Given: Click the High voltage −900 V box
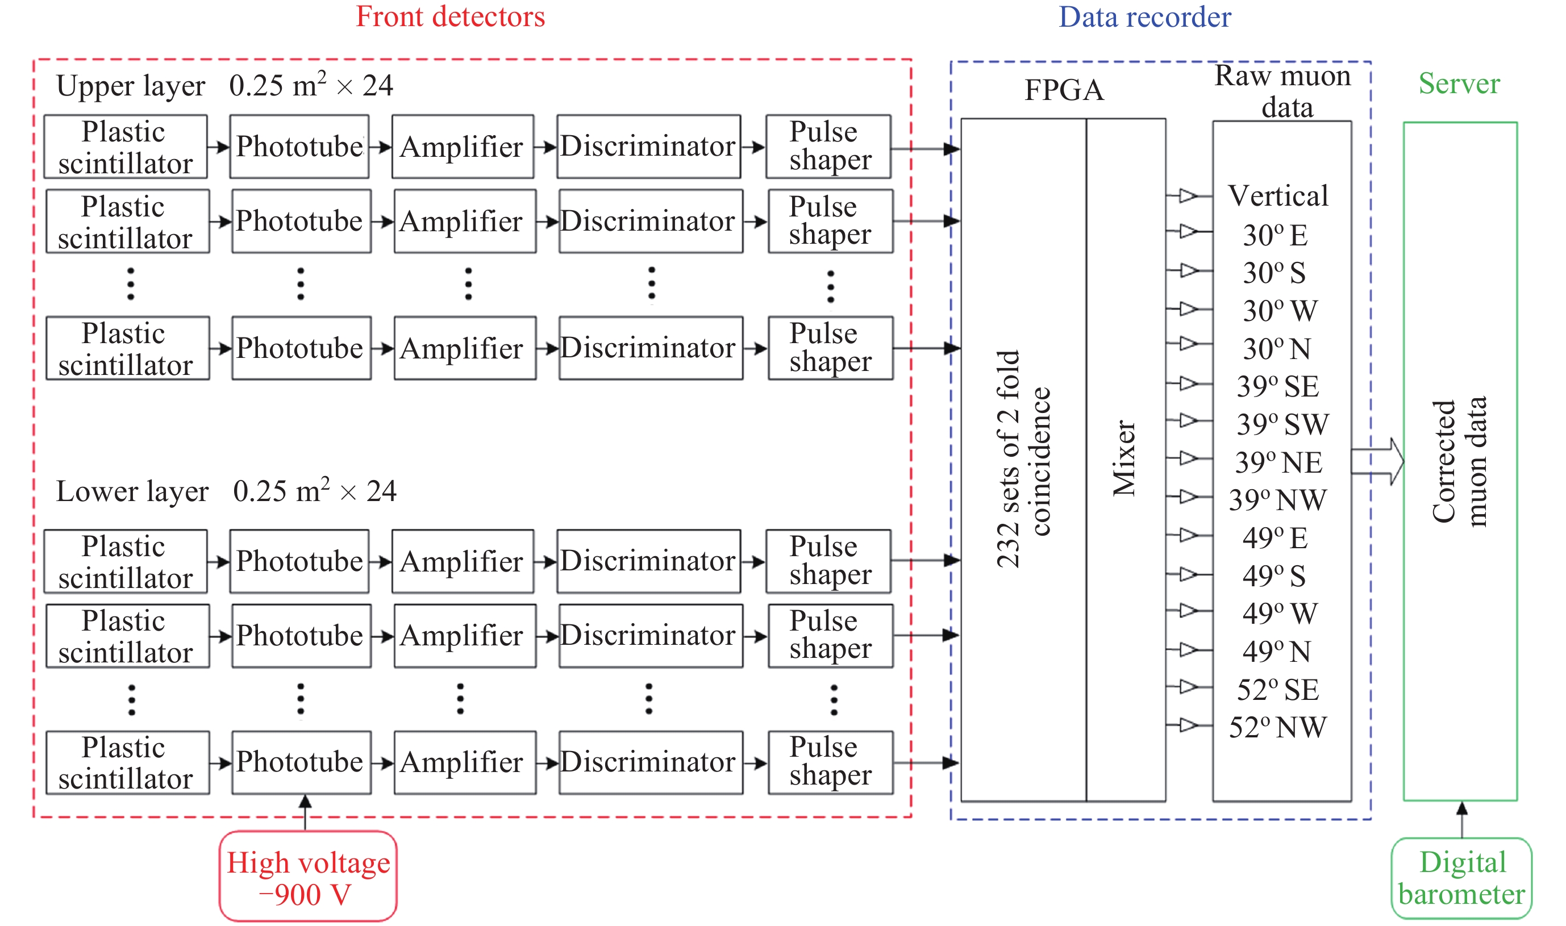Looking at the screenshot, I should [x=309, y=876].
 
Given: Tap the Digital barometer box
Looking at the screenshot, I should [x=1461, y=878].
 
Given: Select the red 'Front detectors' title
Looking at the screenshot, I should [x=450, y=17].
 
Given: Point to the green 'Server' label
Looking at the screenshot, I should [x=1459, y=84].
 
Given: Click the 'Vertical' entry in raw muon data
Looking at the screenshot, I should [x=1278, y=196].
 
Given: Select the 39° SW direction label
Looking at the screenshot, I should [x=1282, y=424].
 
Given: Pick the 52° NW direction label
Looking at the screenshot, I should [x=1278, y=728].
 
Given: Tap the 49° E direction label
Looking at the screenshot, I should [x=1275, y=538].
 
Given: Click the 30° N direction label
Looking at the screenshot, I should [x=1276, y=349].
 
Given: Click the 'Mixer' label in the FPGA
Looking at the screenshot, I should [x=1124, y=458].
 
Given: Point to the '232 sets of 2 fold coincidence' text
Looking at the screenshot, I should [x=1023, y=458].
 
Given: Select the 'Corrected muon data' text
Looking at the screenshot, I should [x=1459, y=462].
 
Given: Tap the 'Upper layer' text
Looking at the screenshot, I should [x=131, y=86].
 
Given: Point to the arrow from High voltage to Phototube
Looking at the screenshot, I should [x=305, y=812].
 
